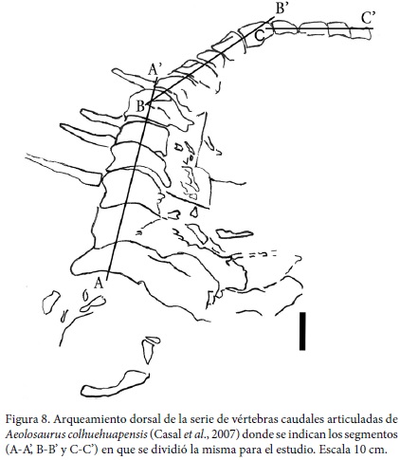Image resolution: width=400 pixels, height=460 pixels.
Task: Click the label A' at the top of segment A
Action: [155, 70]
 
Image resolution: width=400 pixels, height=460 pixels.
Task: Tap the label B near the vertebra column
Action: [140, 105]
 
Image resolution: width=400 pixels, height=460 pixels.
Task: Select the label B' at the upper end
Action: [282, 8]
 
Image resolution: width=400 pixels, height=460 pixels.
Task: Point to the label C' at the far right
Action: [368, 18]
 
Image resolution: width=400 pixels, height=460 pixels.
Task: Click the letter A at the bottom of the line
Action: [100, 283]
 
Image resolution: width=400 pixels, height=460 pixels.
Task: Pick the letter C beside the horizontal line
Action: [259, 35]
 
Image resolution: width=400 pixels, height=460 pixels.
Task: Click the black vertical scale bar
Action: [302, 331]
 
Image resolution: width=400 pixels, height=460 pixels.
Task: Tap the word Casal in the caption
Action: [168, 434]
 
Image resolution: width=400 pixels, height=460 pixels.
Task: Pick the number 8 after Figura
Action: [44, 420]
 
